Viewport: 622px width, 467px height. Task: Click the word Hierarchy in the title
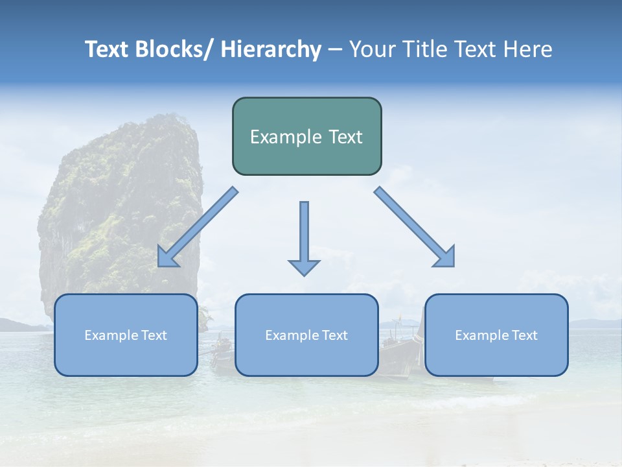271,49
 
